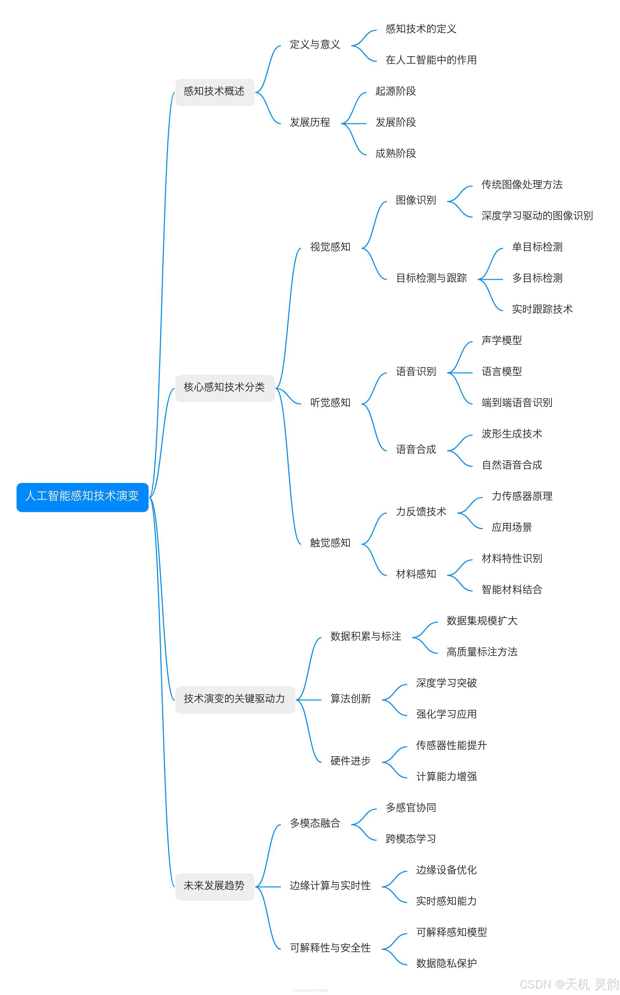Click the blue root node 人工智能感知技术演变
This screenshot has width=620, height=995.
pyautogui.click(x=82, y=497)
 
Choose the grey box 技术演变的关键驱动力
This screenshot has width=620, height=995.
pyautogui.click(x=234, y=699)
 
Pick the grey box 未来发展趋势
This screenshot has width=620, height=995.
pyautogui.click(x=214, y=886)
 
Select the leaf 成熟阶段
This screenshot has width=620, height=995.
pyautogui.click(x=396, y=154)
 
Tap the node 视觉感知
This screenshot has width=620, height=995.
pyautogui.click(x=330, y=247)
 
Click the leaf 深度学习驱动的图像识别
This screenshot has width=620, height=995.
pyautogui.click(x=537, y=216)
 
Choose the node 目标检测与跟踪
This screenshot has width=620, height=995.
pyautogui.click(x=431, y=278)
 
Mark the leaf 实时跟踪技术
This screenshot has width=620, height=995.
pyautogui.click(x=542, y=310)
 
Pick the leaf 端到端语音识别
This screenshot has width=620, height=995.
pyautogui.click(x=517, y=403)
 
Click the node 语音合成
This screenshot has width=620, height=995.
pyautogui.click(x=416, y=450)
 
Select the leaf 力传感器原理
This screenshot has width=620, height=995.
pyautogui.click(x=522, y=497)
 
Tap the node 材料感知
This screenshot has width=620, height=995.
pyautogui.click(x=416, y=574)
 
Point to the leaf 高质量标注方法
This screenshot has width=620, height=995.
pyautogui.click(x=482, y=652)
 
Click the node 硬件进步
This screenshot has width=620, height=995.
pyautogui.click(x=351, y=762)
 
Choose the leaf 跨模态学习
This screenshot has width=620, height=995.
pyautogui.click(x=411, y=839)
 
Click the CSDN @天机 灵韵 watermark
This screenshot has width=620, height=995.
pyautogui.click(x=569, y=984)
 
